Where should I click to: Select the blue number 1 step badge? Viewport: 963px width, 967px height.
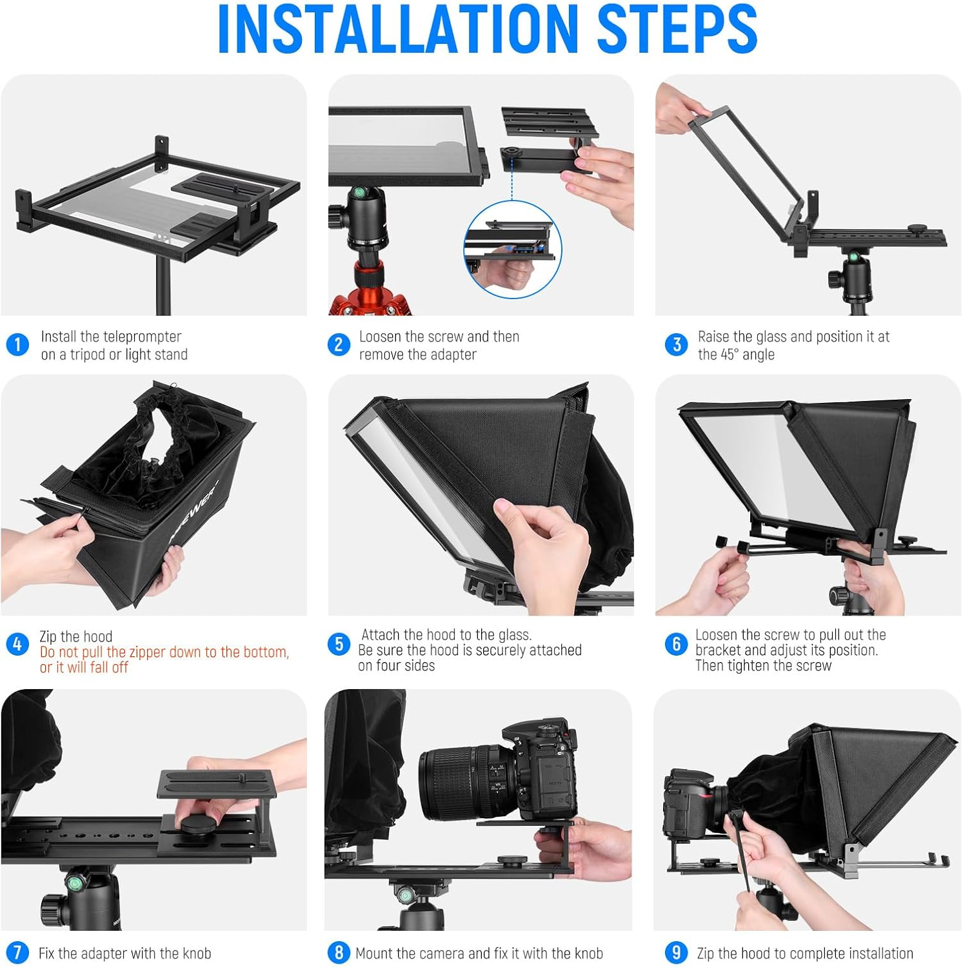(x=17, y=344)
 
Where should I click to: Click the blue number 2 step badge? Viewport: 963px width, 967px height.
(x=339, y=344)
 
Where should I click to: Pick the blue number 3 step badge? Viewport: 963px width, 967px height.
(x=677, y=344)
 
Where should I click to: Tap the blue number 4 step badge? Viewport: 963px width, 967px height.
(x=17, y=644)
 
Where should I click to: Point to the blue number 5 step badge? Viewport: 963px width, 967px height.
(x=339, y=644)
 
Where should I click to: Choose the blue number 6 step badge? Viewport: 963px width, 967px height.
(x=677, y=644)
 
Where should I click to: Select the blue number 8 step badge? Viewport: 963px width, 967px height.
(x=339, y=953)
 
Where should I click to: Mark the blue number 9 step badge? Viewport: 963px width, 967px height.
(x=677, y=953)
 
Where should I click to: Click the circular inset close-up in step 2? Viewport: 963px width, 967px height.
(x=513, y=249)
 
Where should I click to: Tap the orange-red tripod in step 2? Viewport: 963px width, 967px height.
(x=370, y=293)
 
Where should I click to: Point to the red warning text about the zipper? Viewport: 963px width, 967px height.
(x=164, y=659)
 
